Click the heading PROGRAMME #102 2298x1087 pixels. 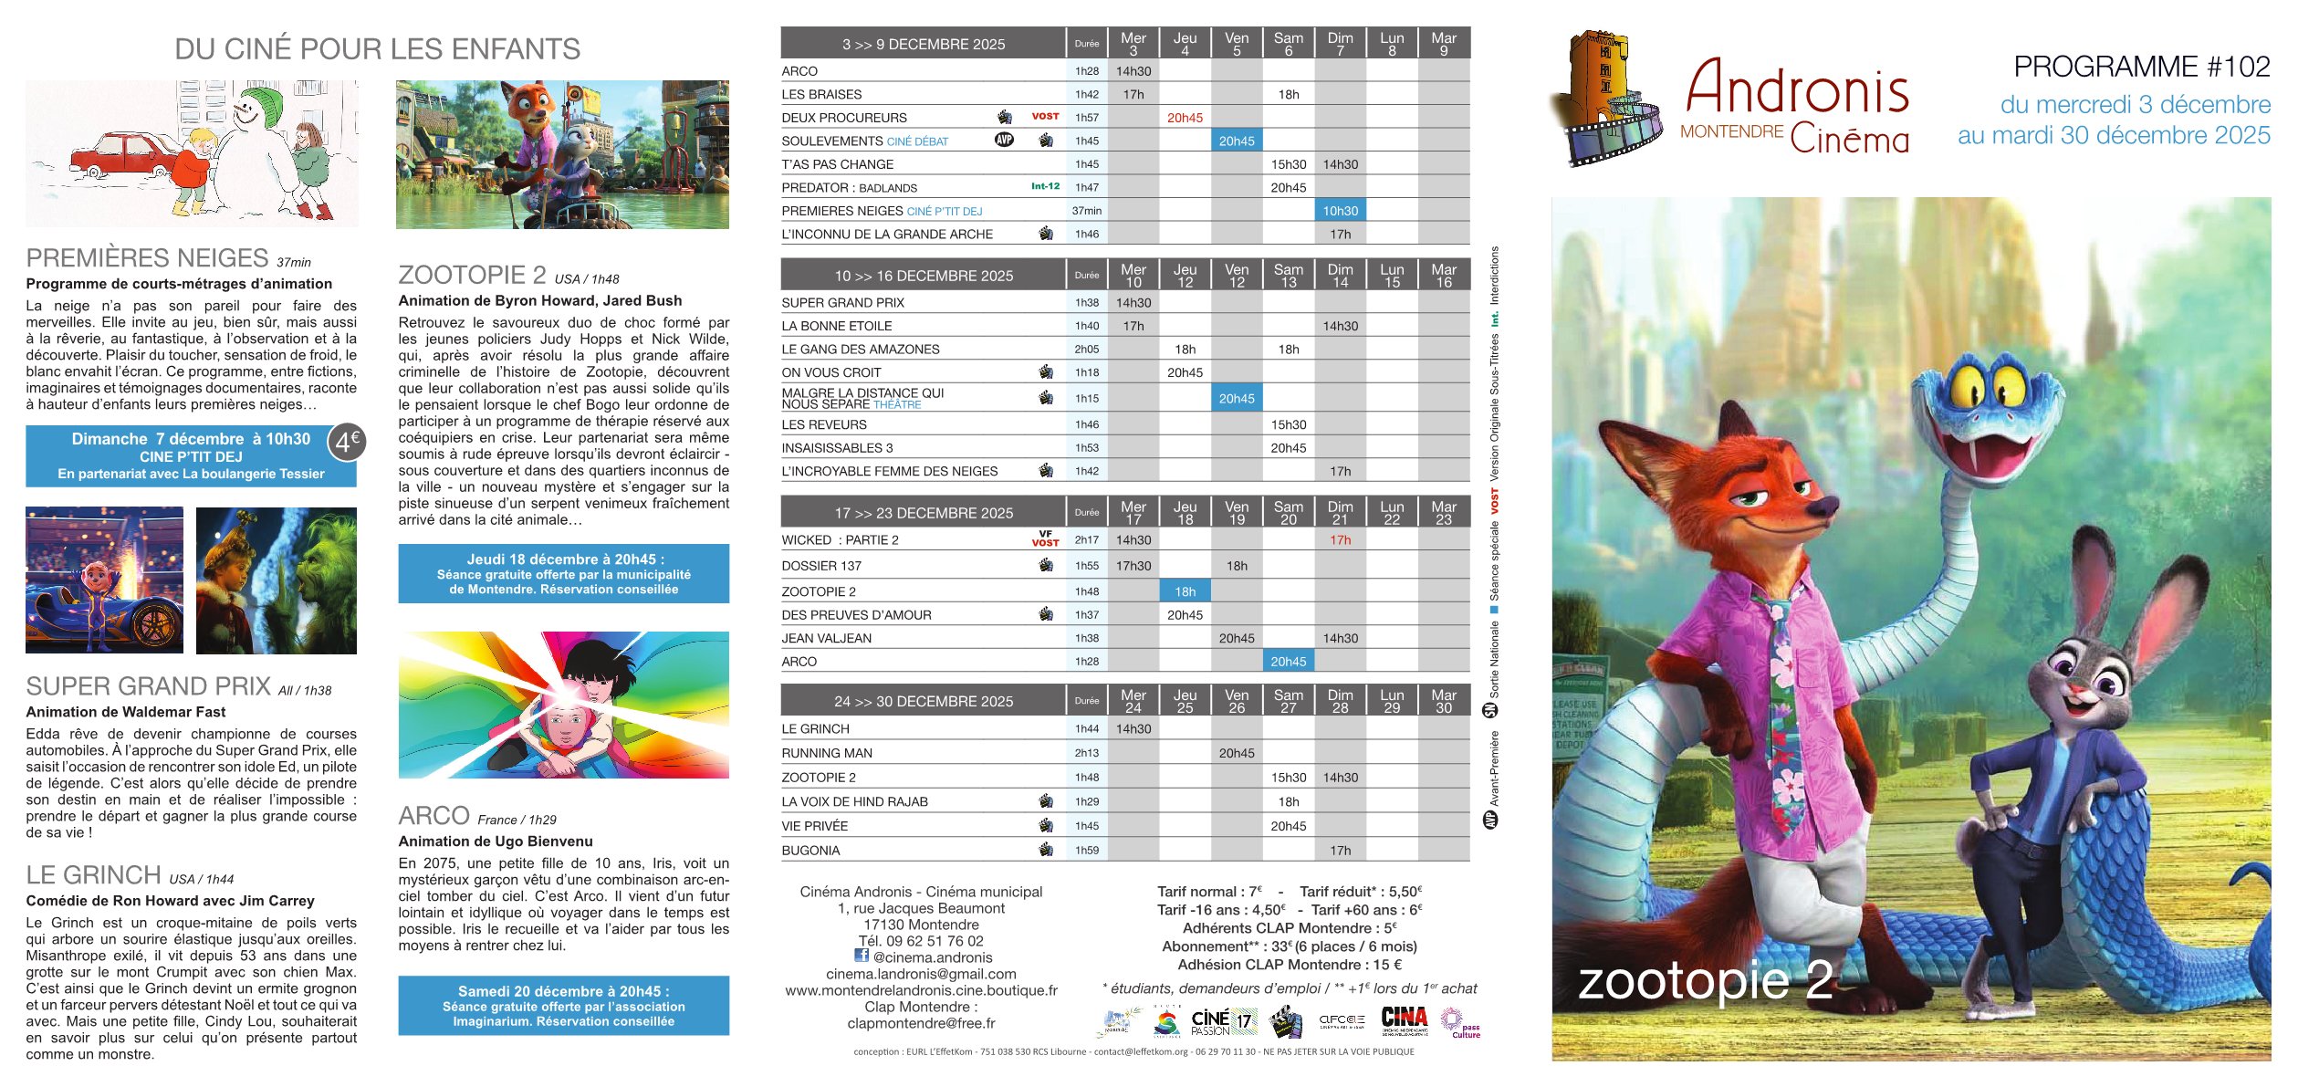coord(2141,67)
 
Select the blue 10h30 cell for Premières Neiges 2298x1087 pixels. coord(1340,211)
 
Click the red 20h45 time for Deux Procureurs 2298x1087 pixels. coord(1185,118)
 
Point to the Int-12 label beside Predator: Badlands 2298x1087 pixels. coord(1045,186)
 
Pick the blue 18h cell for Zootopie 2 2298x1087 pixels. coord(1185,591)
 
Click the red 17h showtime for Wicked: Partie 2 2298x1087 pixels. coord(1340,540)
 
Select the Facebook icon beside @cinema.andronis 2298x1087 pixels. coord(861,955)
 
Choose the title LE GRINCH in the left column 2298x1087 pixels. coord(93,875)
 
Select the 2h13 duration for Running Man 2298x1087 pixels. coord(1086,753)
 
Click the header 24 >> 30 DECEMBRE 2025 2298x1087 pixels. coord(923,701)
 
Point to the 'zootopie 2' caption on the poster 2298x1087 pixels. coord(1705,980)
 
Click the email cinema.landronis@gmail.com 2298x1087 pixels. coord(921,974)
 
